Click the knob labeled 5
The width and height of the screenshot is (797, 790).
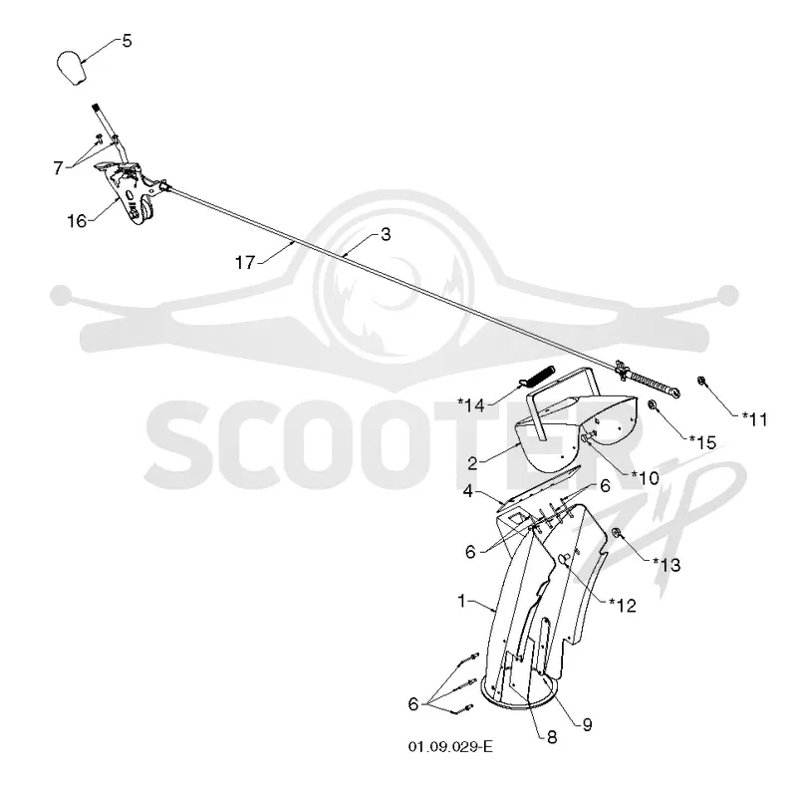(71, 67)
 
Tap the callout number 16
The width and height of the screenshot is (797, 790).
(78, 221)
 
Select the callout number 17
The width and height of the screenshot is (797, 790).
(245, 263)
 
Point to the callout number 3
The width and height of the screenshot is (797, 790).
(386, 234)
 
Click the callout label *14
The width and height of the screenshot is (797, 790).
(471, 405)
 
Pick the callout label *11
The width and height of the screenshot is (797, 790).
(755, 419)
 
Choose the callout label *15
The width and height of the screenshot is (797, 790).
(702, 442)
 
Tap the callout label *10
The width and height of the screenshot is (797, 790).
(645, 477)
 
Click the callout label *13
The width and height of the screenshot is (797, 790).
(666, 564)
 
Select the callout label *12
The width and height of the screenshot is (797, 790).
(623, 605)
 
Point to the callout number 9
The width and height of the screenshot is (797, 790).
(587, 724)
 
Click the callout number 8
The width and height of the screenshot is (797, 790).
(552, 737)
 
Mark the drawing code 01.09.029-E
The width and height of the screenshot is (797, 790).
(450, 747)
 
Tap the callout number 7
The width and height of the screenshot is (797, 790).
(59, 167)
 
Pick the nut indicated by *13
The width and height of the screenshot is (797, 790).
(616, 533)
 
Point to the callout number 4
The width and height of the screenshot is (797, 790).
(467, 491)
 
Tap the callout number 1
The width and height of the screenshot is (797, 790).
(461, 601)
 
